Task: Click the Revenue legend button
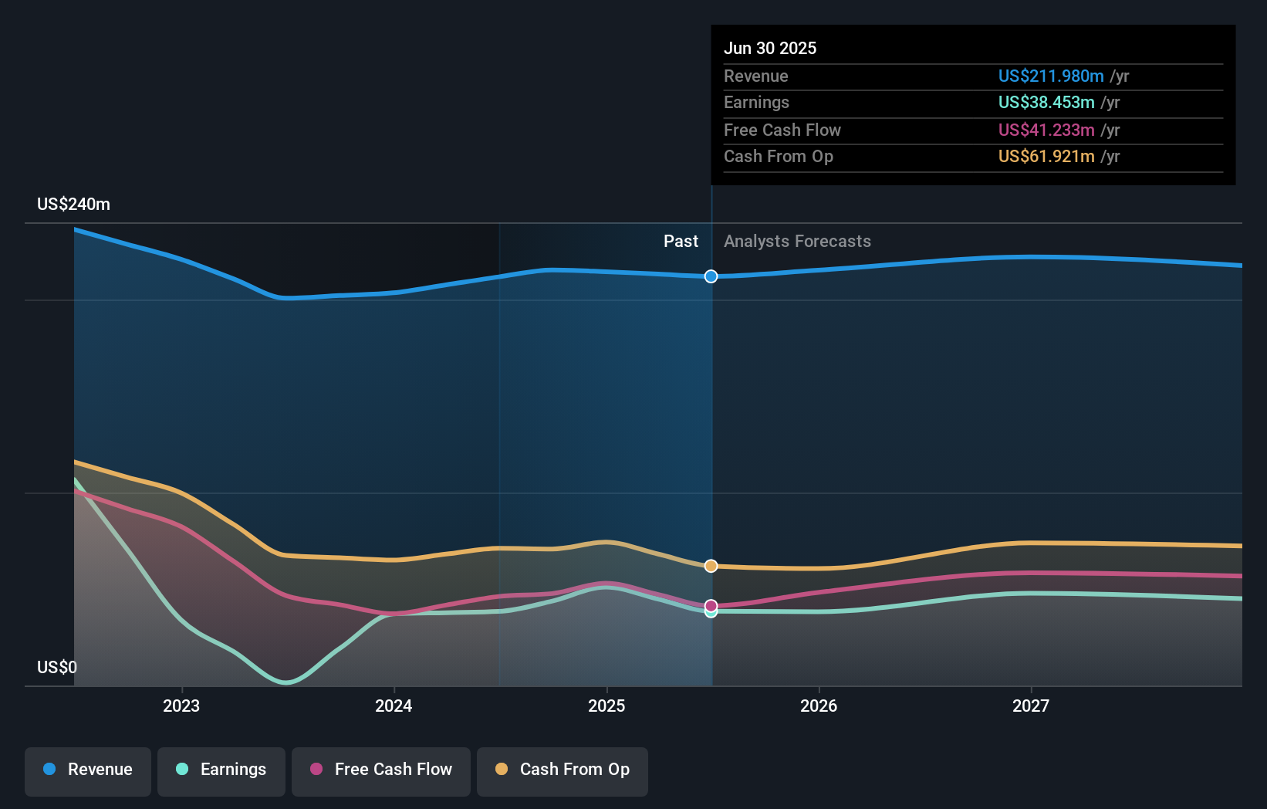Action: pyautogui.click(x=88, y=770)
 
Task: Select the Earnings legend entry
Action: pyautogui.click(x=221, y=770)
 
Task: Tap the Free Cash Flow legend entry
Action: pyautogui.click(x=381, y=770)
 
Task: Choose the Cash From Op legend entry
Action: pyautogui.click(x=563, y=770)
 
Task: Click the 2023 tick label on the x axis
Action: pyautogui.click(x=181, y=706)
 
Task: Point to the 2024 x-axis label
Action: pyautogui.click(x=394, y=706)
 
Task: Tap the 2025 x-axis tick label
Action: pyautogui.click(x=606, y=706)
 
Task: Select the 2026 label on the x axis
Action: pyautogui.click(x=819, y=706)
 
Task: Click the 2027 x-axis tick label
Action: pyautogui.click(x=1031, y=706)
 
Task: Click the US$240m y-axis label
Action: pyautogui.click(x=73, y=205)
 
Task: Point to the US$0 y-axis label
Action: pyautogui.click(x=57, y=667)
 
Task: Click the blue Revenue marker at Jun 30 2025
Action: pyautogui.click(x=711, y=276)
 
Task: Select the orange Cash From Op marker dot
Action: pyautogui.click(x=711, y=566)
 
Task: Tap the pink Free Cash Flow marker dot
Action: pyautogui.click(x=711, y=605)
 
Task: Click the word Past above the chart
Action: pyautogui.click(x=681, y=242)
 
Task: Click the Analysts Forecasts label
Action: pyautogui.click(x=797, y=242)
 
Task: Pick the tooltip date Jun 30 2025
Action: pyautogui.click(x=769, y=48)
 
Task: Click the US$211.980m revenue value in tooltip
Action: pyautogui.click(x=1050, y=76)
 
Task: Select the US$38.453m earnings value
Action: pyautogui.click(x=1046, y=103)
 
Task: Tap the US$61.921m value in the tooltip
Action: pyautogui.click(x=1046, y=157)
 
